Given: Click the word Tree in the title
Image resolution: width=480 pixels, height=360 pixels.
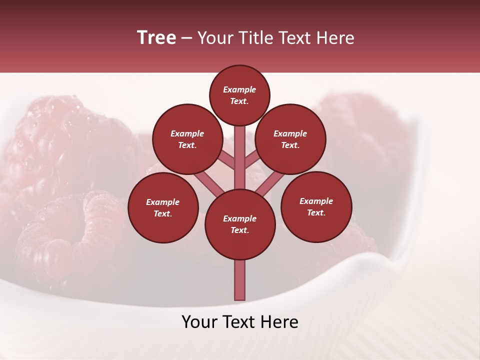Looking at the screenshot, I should pyautogui.click(x=156, y=38).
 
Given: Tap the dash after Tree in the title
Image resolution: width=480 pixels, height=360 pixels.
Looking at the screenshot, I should pyautogui.click(x=187, y=38).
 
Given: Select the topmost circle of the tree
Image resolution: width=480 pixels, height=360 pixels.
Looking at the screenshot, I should pyautogui.click(x=239, y=95).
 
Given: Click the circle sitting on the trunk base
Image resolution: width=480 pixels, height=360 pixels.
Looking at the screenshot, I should pyautogui.click(x=240, y=224).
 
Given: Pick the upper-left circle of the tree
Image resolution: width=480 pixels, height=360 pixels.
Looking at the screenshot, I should pyautogui.click(x=187, y=139).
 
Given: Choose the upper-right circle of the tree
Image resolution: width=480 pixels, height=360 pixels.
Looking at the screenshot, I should pyautogui.click(x=290, y=139).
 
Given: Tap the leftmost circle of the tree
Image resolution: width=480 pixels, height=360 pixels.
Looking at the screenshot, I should pyautogui.click(x=163, y=207).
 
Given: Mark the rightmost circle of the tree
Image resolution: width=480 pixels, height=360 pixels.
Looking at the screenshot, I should pyautogui.click(x=316, y=206).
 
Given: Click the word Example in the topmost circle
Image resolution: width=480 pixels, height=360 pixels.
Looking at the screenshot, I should pyautogui.click(x=239, y=90).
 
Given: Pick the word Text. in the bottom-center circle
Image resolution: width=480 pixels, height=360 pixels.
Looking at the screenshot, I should pyautogui.click(x=240, y=230).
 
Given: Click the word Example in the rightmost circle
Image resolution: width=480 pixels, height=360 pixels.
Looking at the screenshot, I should pyautogui.click(x=316, y=201).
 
